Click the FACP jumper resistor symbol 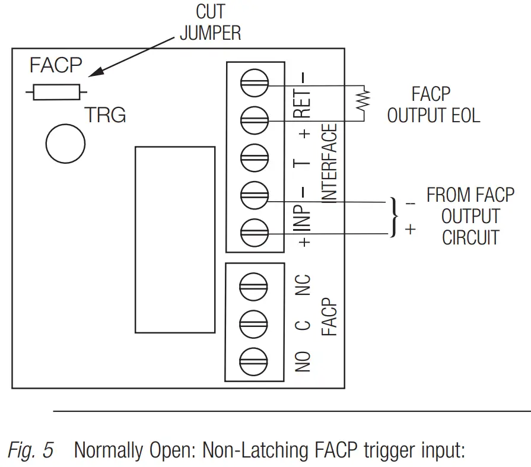click(x=56, y=93)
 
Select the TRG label click(x=105, y=115)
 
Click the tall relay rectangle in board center click(x=174, y=239)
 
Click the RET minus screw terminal click(x=255, y=84)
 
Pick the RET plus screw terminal click(x=255, y=120)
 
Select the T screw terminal click(x=255, y=157)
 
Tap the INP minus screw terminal click(x=255, y=194)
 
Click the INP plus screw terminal click(x=255, y=231)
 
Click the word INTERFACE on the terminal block click(x=330, y=163)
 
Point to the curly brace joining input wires click(x=393, y=217)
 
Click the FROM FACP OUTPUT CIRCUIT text click(x=470, y=217)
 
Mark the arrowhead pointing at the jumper click(x=94, y=73)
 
